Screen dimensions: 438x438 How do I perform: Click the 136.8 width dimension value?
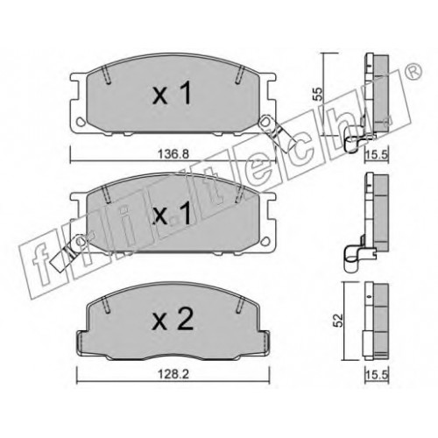pos(173,153)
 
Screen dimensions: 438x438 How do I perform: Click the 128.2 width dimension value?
pos(173,374)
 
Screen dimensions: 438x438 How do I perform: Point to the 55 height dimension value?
pos(318,94)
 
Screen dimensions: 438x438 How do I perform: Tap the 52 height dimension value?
pos(338,321)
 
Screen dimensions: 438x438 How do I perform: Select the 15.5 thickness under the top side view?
pos(377,154)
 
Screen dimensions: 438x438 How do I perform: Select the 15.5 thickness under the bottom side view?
pos(377,374)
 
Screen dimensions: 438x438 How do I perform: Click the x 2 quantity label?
pos(173,320)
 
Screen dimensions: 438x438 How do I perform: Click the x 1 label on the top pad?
pos(172,93)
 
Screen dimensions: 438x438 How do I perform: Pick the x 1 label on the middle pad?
pos(172,214)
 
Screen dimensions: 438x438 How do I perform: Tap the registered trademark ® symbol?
pos(413,71)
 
